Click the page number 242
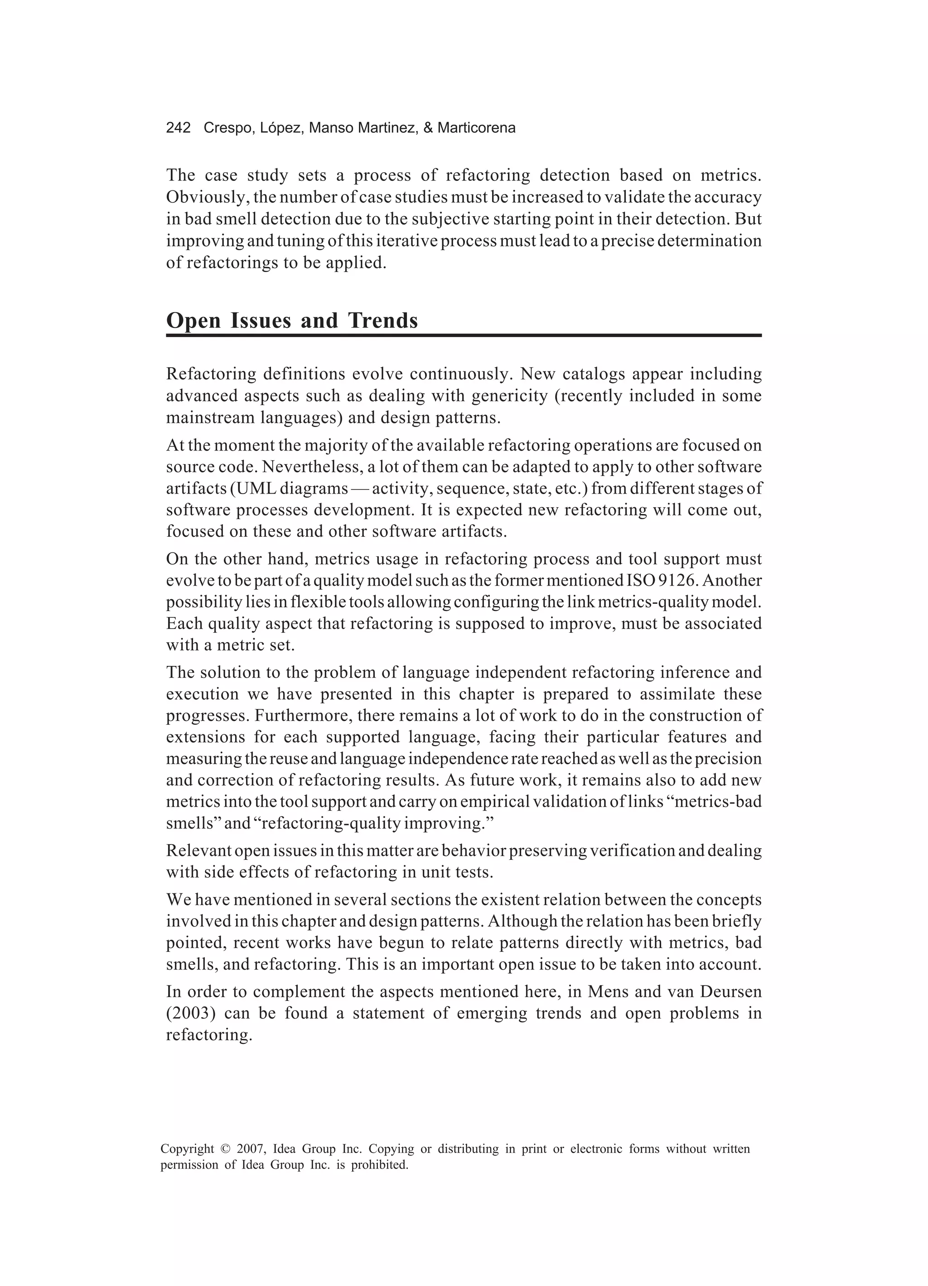tap(178, 128)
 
